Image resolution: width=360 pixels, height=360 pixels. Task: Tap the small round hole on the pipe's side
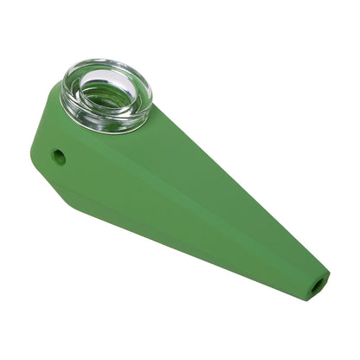tap(59, 157)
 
